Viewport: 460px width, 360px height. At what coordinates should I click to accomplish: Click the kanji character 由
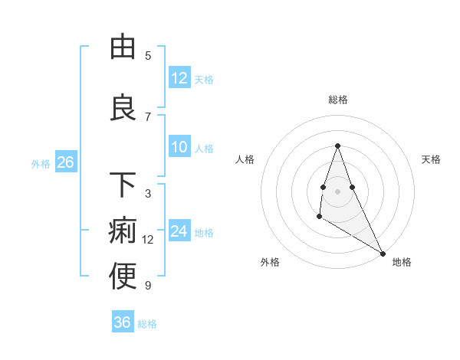[123, 47]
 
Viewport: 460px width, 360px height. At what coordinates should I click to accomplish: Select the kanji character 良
[123, 108]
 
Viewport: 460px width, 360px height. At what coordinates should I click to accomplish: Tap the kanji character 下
[123, 185]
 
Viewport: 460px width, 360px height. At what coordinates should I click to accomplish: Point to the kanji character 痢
[123, 231]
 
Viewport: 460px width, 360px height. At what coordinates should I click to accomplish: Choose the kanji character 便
[123, 277]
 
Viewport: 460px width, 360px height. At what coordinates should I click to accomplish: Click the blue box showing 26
[65, 162]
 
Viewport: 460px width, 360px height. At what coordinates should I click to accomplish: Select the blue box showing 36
[123, 322]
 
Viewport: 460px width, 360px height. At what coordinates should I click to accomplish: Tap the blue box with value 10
[179, 147]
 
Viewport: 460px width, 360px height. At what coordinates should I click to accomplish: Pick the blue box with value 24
[179, 231]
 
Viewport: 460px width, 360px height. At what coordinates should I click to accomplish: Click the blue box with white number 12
[179, 78]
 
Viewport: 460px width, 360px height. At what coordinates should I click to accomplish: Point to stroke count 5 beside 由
[148, 56]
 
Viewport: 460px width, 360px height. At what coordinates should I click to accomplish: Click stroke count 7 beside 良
[148, 116]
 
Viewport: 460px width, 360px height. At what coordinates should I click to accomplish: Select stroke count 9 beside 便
[148, 286]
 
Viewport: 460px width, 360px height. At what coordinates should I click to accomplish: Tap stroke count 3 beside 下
[148, 194]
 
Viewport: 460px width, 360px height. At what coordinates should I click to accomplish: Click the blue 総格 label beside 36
[147, 324]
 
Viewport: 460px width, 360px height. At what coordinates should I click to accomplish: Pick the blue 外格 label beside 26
[41, 163]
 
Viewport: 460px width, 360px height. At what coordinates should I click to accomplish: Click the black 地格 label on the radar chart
[402, 262]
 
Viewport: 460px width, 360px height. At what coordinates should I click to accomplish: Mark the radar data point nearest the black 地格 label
[383, 254]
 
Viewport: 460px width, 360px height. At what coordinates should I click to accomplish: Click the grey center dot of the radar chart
[337, 191]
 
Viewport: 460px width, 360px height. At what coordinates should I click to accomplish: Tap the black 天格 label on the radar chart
[431, 159]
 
